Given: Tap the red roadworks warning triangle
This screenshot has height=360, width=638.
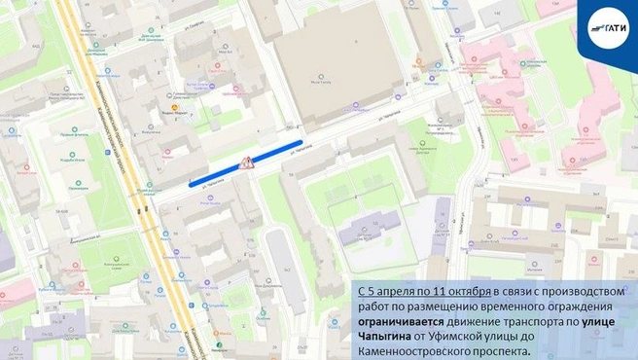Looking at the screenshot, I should click(x=246, y=162).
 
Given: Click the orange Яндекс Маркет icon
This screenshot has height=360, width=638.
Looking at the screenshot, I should click(x=175, y=107).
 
